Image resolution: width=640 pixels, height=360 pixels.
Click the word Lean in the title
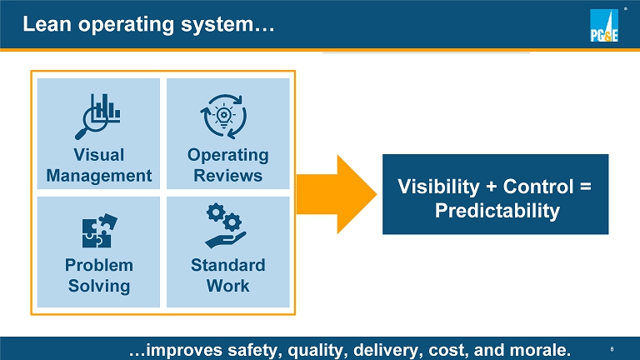click(x=44, y=25)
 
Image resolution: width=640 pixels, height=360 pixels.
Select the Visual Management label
click(x=99, y=165)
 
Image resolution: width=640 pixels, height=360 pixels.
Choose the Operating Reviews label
click(x=227, y=165)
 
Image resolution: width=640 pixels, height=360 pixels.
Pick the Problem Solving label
click(x=99, y=275)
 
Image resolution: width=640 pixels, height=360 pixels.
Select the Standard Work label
click(x=227, y=275)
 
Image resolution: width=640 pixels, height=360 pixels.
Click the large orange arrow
click(x=334, y=193)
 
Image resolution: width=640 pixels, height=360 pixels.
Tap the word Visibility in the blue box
click(x=442, y=187)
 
